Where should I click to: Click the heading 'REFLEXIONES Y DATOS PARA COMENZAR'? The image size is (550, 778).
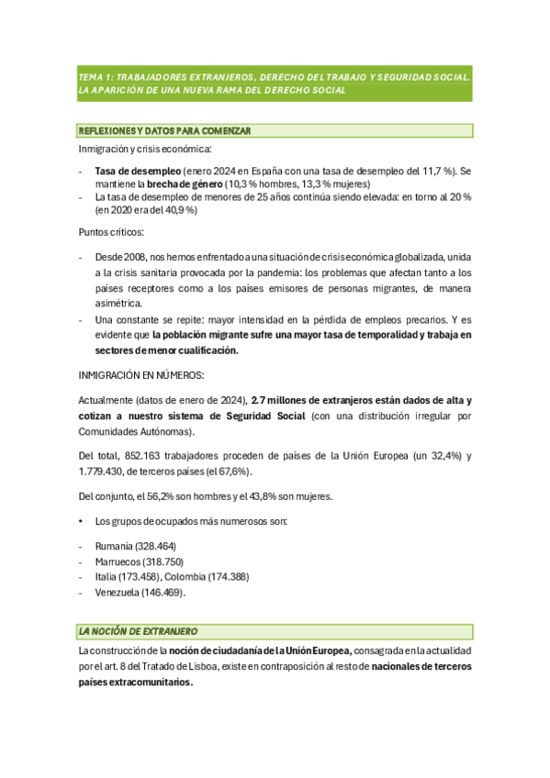(165, 131)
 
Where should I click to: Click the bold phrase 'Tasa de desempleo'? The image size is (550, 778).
(138, 172)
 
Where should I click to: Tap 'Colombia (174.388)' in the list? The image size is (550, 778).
(208, 577)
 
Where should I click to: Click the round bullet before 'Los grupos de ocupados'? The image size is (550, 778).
(82, 522)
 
